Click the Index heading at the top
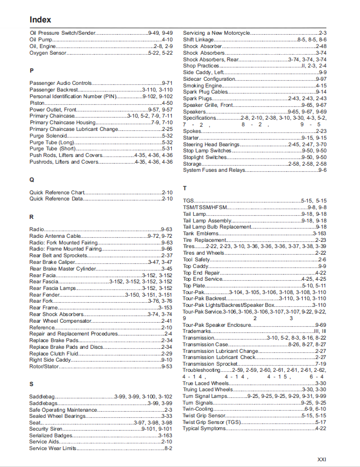(40, 19)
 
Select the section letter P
(32, 71)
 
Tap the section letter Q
(32, 180)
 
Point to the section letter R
(32, 217)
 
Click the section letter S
(31, 384)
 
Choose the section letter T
(185, 188)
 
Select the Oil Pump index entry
(41, 39)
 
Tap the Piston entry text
(37, 103)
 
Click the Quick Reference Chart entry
(57, 192)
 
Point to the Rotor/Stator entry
(43, 366)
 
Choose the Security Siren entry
(46, 429)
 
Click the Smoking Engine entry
(199, 85)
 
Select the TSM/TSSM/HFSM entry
(205, 207)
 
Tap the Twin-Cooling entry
(197, 409)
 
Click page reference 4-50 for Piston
(167, 103)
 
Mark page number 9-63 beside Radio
(167, 230)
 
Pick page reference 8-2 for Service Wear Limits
(168, 448)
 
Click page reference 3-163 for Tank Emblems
(319, 233)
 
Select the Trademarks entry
(197, 331)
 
